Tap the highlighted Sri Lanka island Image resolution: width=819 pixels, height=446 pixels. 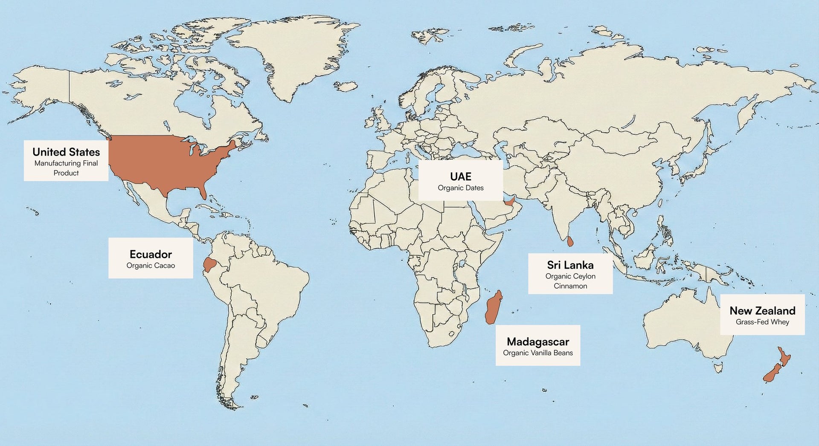point(570,242)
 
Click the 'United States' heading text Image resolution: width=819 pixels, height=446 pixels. point(66,152)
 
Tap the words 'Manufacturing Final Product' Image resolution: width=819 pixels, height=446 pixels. point(66,168)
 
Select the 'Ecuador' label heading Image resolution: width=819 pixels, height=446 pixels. point(151,254)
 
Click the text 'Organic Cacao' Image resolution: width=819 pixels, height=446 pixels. point(151,266)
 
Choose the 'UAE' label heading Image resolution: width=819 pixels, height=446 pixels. point(461,177)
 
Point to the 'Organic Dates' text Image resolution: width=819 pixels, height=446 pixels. point(461,188)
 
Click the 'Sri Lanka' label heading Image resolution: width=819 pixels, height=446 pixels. point(570,265)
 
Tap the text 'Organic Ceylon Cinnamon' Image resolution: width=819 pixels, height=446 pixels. point(570,281)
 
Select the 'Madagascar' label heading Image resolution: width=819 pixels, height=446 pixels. point(538,342)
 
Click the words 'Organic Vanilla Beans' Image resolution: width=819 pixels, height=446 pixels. point(538,353)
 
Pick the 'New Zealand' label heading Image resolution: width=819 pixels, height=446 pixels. point(762,310)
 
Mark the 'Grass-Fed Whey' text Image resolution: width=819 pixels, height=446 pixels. point(762,322)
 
